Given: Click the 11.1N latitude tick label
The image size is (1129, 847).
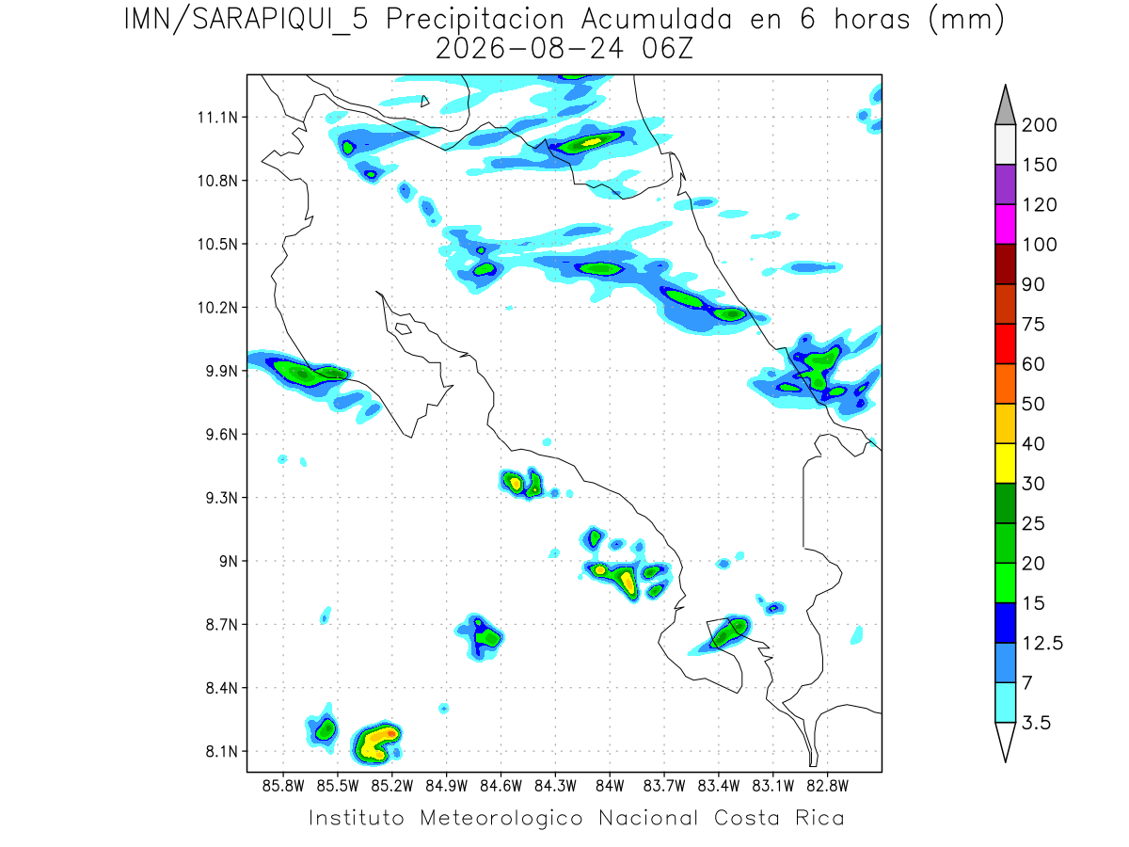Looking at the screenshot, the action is pos(217,118).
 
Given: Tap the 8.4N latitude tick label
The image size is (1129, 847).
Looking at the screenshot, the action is pos(222,688).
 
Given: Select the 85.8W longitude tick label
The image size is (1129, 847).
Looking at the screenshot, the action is pos(283,786).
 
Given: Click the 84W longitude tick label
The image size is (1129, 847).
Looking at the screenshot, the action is pos(610,786).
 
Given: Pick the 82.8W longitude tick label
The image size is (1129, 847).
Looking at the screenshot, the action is pos(827,786).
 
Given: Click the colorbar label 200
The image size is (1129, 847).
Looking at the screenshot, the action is pos(1039,125).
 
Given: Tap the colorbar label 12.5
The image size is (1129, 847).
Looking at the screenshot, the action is pos(1042,644).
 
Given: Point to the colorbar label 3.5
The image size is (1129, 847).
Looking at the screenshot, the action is pos(1036,723).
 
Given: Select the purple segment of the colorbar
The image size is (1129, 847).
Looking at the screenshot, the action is pos(1005,184).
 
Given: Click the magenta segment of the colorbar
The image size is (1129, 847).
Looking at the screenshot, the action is pos(1005,224).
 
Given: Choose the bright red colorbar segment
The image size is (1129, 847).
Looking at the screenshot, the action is pos(1005,344).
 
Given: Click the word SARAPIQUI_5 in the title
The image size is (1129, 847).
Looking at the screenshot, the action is pos(280,21).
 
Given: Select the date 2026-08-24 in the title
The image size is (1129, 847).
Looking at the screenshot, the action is pos(530,49).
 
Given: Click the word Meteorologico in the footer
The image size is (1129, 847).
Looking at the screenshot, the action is pos(501,818).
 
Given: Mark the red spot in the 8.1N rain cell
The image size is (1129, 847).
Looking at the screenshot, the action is pos(391,733).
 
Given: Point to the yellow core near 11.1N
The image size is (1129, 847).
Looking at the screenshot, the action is pos(592,141).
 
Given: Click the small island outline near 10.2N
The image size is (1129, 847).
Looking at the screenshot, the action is pos(404,328).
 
